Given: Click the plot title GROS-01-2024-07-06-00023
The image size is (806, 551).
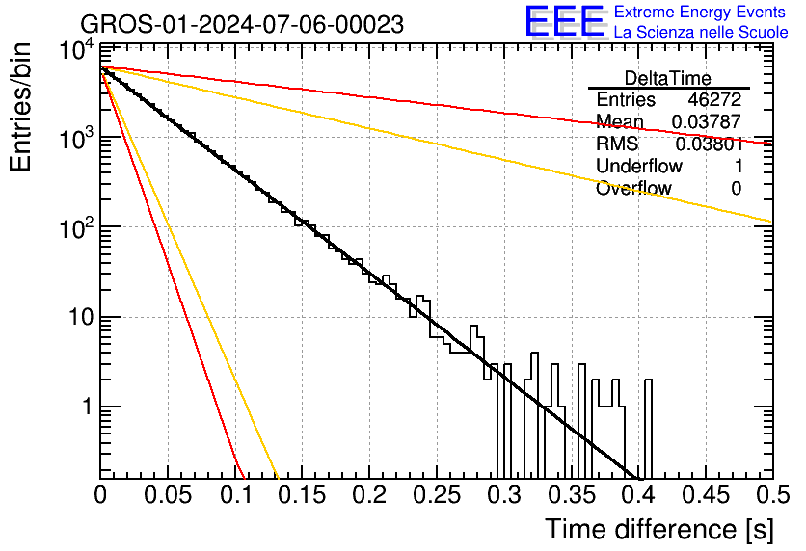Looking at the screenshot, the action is click(x=242, y=24).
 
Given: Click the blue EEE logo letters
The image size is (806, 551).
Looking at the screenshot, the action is click(x=565, y=21).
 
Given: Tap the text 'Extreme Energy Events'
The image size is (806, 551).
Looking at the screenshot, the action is click(x=700, y=12).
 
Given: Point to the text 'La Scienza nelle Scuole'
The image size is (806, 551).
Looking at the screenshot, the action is click(x=701, y=32).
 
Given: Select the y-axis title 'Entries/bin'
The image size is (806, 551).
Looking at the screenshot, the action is click(x=20, y=107).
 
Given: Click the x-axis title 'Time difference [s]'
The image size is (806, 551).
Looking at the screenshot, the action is click(x=659, y=530).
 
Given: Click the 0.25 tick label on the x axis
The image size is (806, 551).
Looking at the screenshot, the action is click(x=437, y=495).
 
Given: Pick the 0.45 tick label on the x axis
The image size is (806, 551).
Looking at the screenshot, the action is click(x=706, y=495).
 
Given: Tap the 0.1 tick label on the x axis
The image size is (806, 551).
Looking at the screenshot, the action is click(x=237, y=495).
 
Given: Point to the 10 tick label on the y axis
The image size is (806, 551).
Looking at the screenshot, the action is click(x=81, y=317).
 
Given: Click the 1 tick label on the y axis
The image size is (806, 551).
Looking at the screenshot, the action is click(x=87, y=407).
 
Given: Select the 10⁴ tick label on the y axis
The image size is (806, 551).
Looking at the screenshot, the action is click(x=76, y=50).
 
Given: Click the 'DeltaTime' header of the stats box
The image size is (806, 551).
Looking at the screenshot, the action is click(x=668, y=78).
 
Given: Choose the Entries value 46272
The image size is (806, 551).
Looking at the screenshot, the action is click(x=714, y=99).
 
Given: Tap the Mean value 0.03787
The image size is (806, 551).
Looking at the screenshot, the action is click(x=707, y=121).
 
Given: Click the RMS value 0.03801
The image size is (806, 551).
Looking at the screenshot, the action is click(x=709, y=144).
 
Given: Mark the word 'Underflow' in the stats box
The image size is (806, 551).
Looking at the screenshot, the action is click(x=639, y=166).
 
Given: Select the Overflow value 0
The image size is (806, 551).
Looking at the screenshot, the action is click(x=736, y=189).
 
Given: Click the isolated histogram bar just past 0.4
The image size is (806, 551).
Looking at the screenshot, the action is click(x=648, y=430).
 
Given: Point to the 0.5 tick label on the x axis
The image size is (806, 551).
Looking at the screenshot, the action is click(x=772, y=495).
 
